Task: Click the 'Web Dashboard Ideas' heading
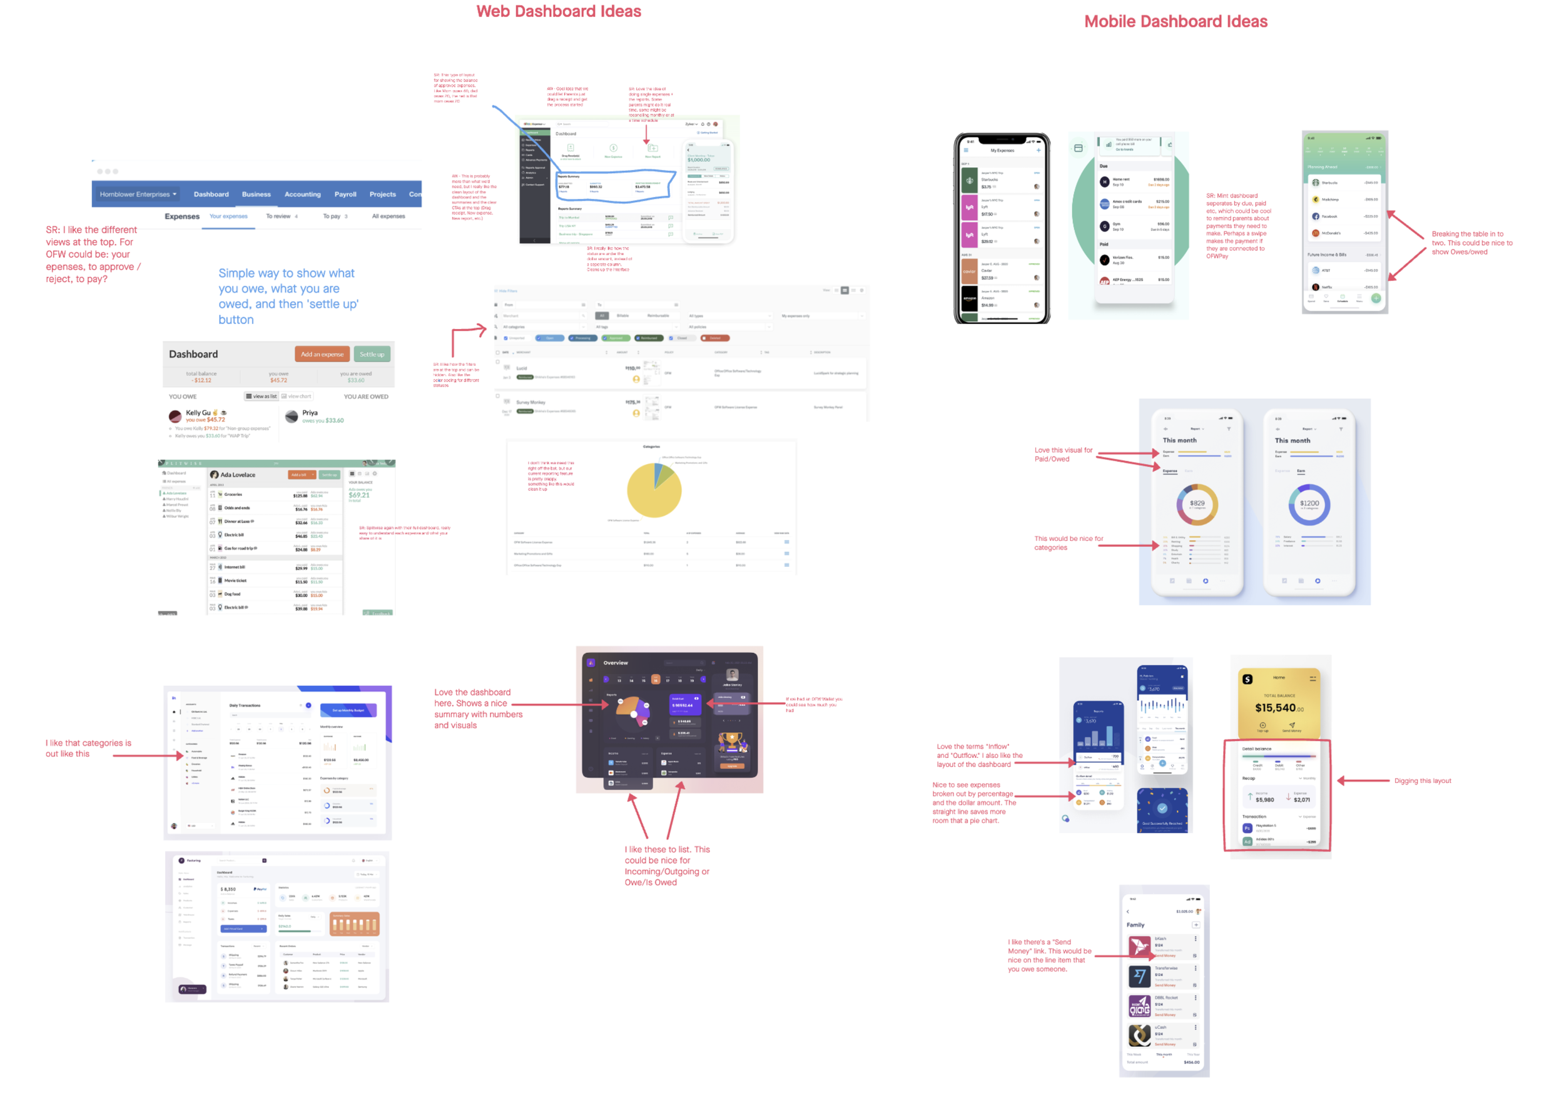(x=558, y=12)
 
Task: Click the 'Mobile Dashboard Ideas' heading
(x=1175, y=22)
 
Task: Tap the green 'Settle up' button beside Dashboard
(x=372, y=354)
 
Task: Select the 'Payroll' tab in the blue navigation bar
(x=345, y=194)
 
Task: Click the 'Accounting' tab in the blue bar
(x=302, y=194)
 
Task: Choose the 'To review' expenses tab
(x=279, y=216)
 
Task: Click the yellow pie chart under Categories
(x=654, y=490)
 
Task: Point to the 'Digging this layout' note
(x=1422, y=780)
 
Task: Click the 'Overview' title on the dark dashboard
(x=615, y=663)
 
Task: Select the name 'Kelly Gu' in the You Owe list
(x=198, y=413)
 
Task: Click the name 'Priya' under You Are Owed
(x=310, y=413)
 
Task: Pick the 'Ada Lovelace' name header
(x=237, y=475)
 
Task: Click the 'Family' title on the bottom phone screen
(x=1135, y=925)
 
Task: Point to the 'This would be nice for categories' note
(x=1068, y=543)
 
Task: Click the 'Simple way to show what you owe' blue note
(x=288, y=296)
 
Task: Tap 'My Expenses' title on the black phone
(x=1002, y=150)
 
